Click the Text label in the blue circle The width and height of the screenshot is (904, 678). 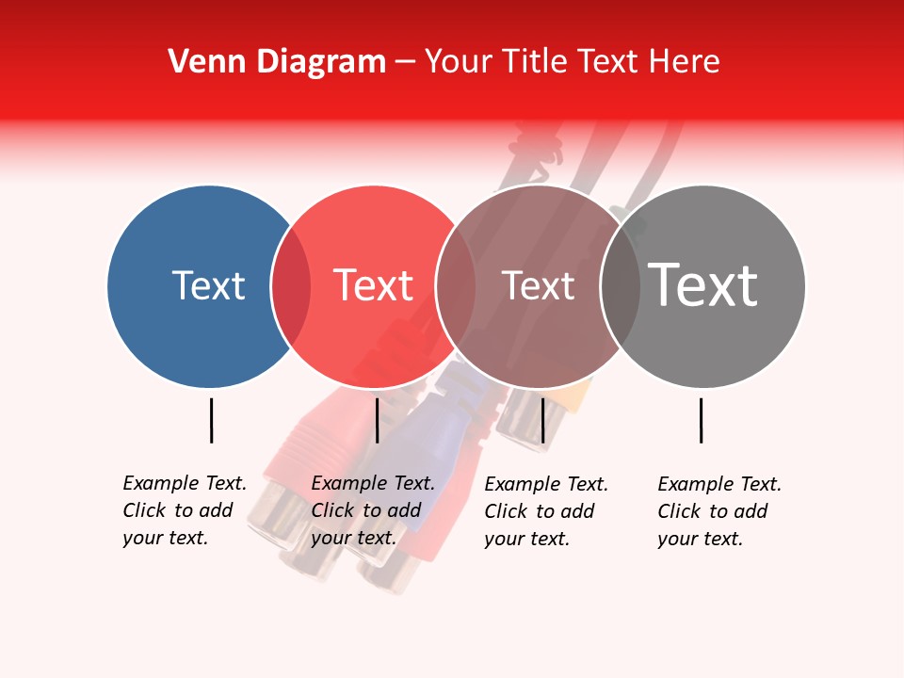point(208,285)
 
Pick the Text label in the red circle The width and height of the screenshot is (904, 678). point(373,285)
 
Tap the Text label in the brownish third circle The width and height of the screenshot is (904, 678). point(538,286)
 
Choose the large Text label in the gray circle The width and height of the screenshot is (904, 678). point(703,285)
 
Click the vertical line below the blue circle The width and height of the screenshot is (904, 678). point(211,420)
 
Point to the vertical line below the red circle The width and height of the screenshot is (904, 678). point(377,420)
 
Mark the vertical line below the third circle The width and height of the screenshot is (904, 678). point(542,420)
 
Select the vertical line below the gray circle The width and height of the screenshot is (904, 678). point(702,420)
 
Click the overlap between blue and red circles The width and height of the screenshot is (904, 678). point(291,286)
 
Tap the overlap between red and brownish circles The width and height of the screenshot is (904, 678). point(456,286)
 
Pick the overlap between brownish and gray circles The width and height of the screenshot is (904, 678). point(621,286)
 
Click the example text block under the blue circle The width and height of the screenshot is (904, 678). point(185,510)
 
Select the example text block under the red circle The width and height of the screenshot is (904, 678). point(373,510)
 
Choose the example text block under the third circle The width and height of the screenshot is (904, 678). point(546,511)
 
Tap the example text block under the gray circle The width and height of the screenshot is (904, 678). point(719,511)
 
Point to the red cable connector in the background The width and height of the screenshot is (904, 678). point(311,443)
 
